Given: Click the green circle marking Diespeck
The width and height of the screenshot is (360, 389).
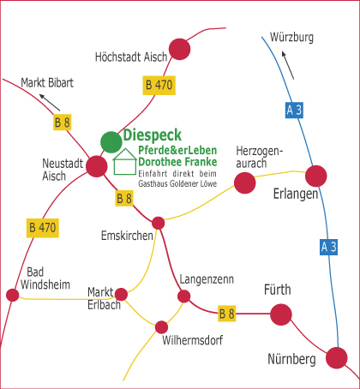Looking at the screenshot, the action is [111, 142].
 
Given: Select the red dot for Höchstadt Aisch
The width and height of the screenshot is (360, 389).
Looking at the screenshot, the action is [179, 49].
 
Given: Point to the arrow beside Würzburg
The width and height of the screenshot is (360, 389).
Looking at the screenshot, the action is [288, 65].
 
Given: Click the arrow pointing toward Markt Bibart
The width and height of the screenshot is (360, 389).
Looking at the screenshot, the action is [50, 102].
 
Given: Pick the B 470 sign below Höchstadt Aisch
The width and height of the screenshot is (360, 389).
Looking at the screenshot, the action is [159, 85].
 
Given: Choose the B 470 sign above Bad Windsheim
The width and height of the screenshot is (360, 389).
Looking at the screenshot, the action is [43, 228].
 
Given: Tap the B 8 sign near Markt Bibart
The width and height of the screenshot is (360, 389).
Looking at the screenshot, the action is [62, 123].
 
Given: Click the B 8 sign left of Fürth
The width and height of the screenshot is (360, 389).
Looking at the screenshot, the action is [227, 314].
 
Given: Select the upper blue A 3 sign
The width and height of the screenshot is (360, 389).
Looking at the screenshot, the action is [294, 110].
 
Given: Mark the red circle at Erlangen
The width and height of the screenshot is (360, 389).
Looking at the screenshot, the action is [316, 176].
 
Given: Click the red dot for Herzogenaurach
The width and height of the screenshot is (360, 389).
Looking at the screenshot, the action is [245, 183].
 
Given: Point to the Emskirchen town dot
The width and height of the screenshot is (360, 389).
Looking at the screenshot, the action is [159, 223].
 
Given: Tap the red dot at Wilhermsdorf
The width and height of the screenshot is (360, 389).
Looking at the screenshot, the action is [162, 327].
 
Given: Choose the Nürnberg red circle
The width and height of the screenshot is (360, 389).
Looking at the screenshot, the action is [337, 358].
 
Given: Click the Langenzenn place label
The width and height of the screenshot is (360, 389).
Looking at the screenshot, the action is [207, 279].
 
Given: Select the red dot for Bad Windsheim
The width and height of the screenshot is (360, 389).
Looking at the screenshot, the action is [13, 295].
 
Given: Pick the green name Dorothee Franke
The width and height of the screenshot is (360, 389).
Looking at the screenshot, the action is [177, 162].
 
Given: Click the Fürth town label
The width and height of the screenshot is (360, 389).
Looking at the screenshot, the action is [278, 290].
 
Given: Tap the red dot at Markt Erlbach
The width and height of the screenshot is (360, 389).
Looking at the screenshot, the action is [121, 295].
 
